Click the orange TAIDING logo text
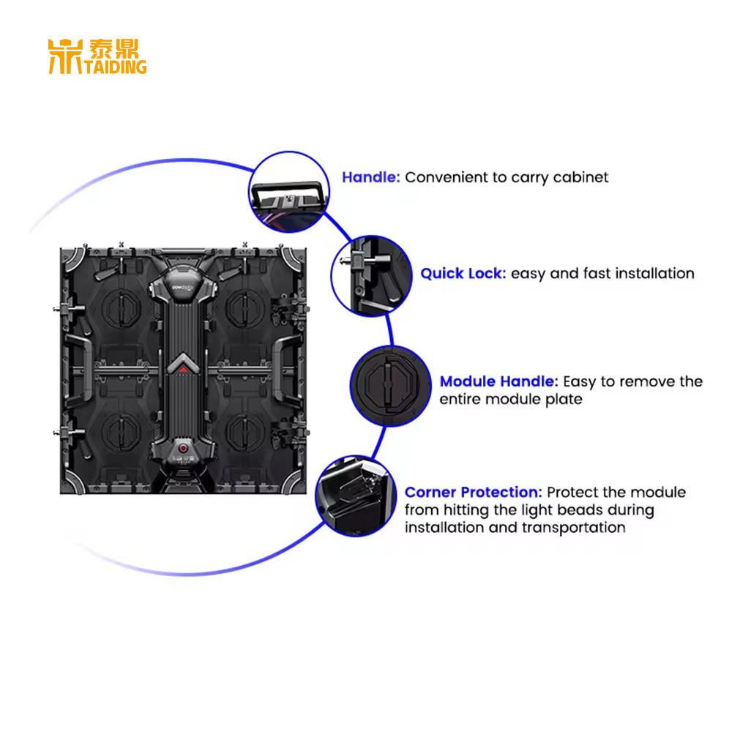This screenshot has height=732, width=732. coord(116,67)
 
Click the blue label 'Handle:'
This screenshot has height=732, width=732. coord(371,177)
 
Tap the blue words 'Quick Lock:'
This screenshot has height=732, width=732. coord(463,274)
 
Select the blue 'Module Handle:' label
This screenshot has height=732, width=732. coord(498,381)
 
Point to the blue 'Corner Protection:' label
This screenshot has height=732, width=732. coord(474,492)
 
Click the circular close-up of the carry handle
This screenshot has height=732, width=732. coord(289,192)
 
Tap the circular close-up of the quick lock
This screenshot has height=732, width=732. coord(372,277)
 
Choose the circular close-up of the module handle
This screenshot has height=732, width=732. coord(391,386)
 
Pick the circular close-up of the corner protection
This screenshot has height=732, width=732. coord(356,496)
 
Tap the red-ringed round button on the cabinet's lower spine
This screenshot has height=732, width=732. coord(183,448)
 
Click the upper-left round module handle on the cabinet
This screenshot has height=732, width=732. coord(122,309)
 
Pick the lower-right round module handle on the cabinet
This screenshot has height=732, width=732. coord(244,431)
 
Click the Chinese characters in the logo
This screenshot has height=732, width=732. coord(114,48)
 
